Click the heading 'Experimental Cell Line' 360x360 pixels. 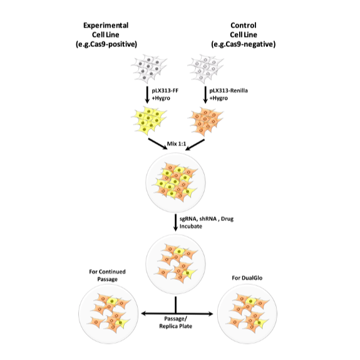pyautogui.click(x=110, y=30)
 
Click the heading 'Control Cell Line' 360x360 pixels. pyautogui.click(x=243, y=30)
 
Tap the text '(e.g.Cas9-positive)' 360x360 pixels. pyautogui.click(x=110, y=44)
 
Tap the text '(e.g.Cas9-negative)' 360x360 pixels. pyautogui.click(x=243, y=44)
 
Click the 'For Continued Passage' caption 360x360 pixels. pyautogui.click(x=108, y=275)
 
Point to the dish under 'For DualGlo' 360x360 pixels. pyautogui.click(x=247, y=313)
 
